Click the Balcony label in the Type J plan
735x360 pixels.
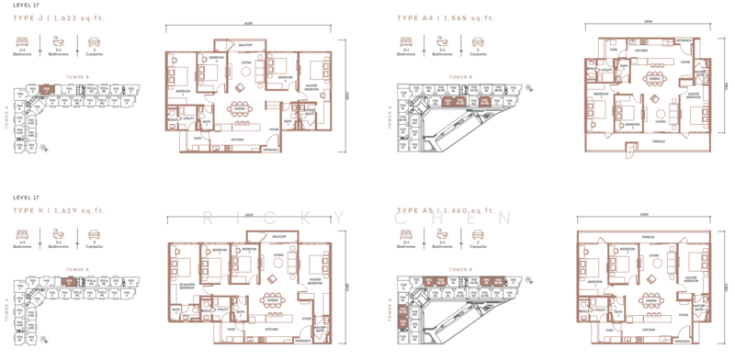(245, 45)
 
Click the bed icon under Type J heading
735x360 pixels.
(22, 41)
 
